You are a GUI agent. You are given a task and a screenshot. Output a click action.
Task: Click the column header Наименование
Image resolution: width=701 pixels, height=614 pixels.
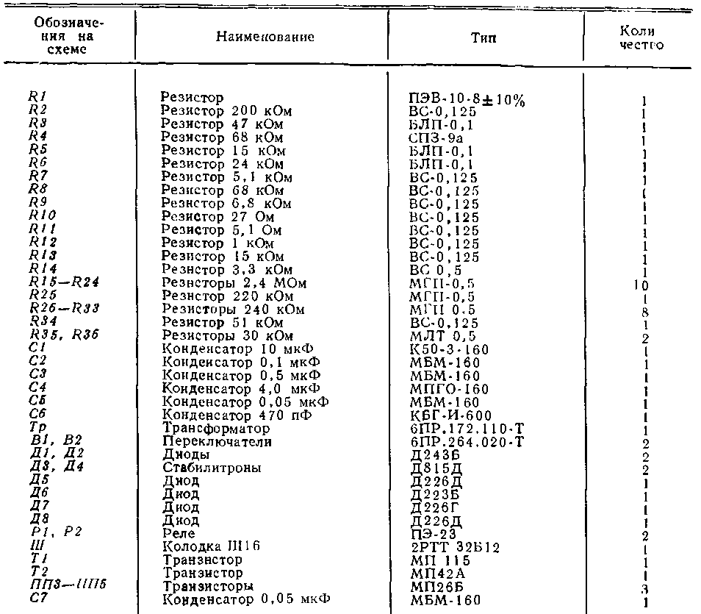[x=265, y=37]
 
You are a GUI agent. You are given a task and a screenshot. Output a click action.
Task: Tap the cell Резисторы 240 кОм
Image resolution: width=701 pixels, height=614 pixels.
[x=233, y=310]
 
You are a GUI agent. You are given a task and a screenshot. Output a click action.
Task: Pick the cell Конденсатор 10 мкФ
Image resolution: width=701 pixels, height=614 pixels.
[x=236, y=349]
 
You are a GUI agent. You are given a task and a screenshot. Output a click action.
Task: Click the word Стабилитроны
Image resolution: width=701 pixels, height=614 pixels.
[x=211, y=468]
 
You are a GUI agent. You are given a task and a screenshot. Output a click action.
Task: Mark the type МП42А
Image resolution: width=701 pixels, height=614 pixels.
[x=434, y=573]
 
